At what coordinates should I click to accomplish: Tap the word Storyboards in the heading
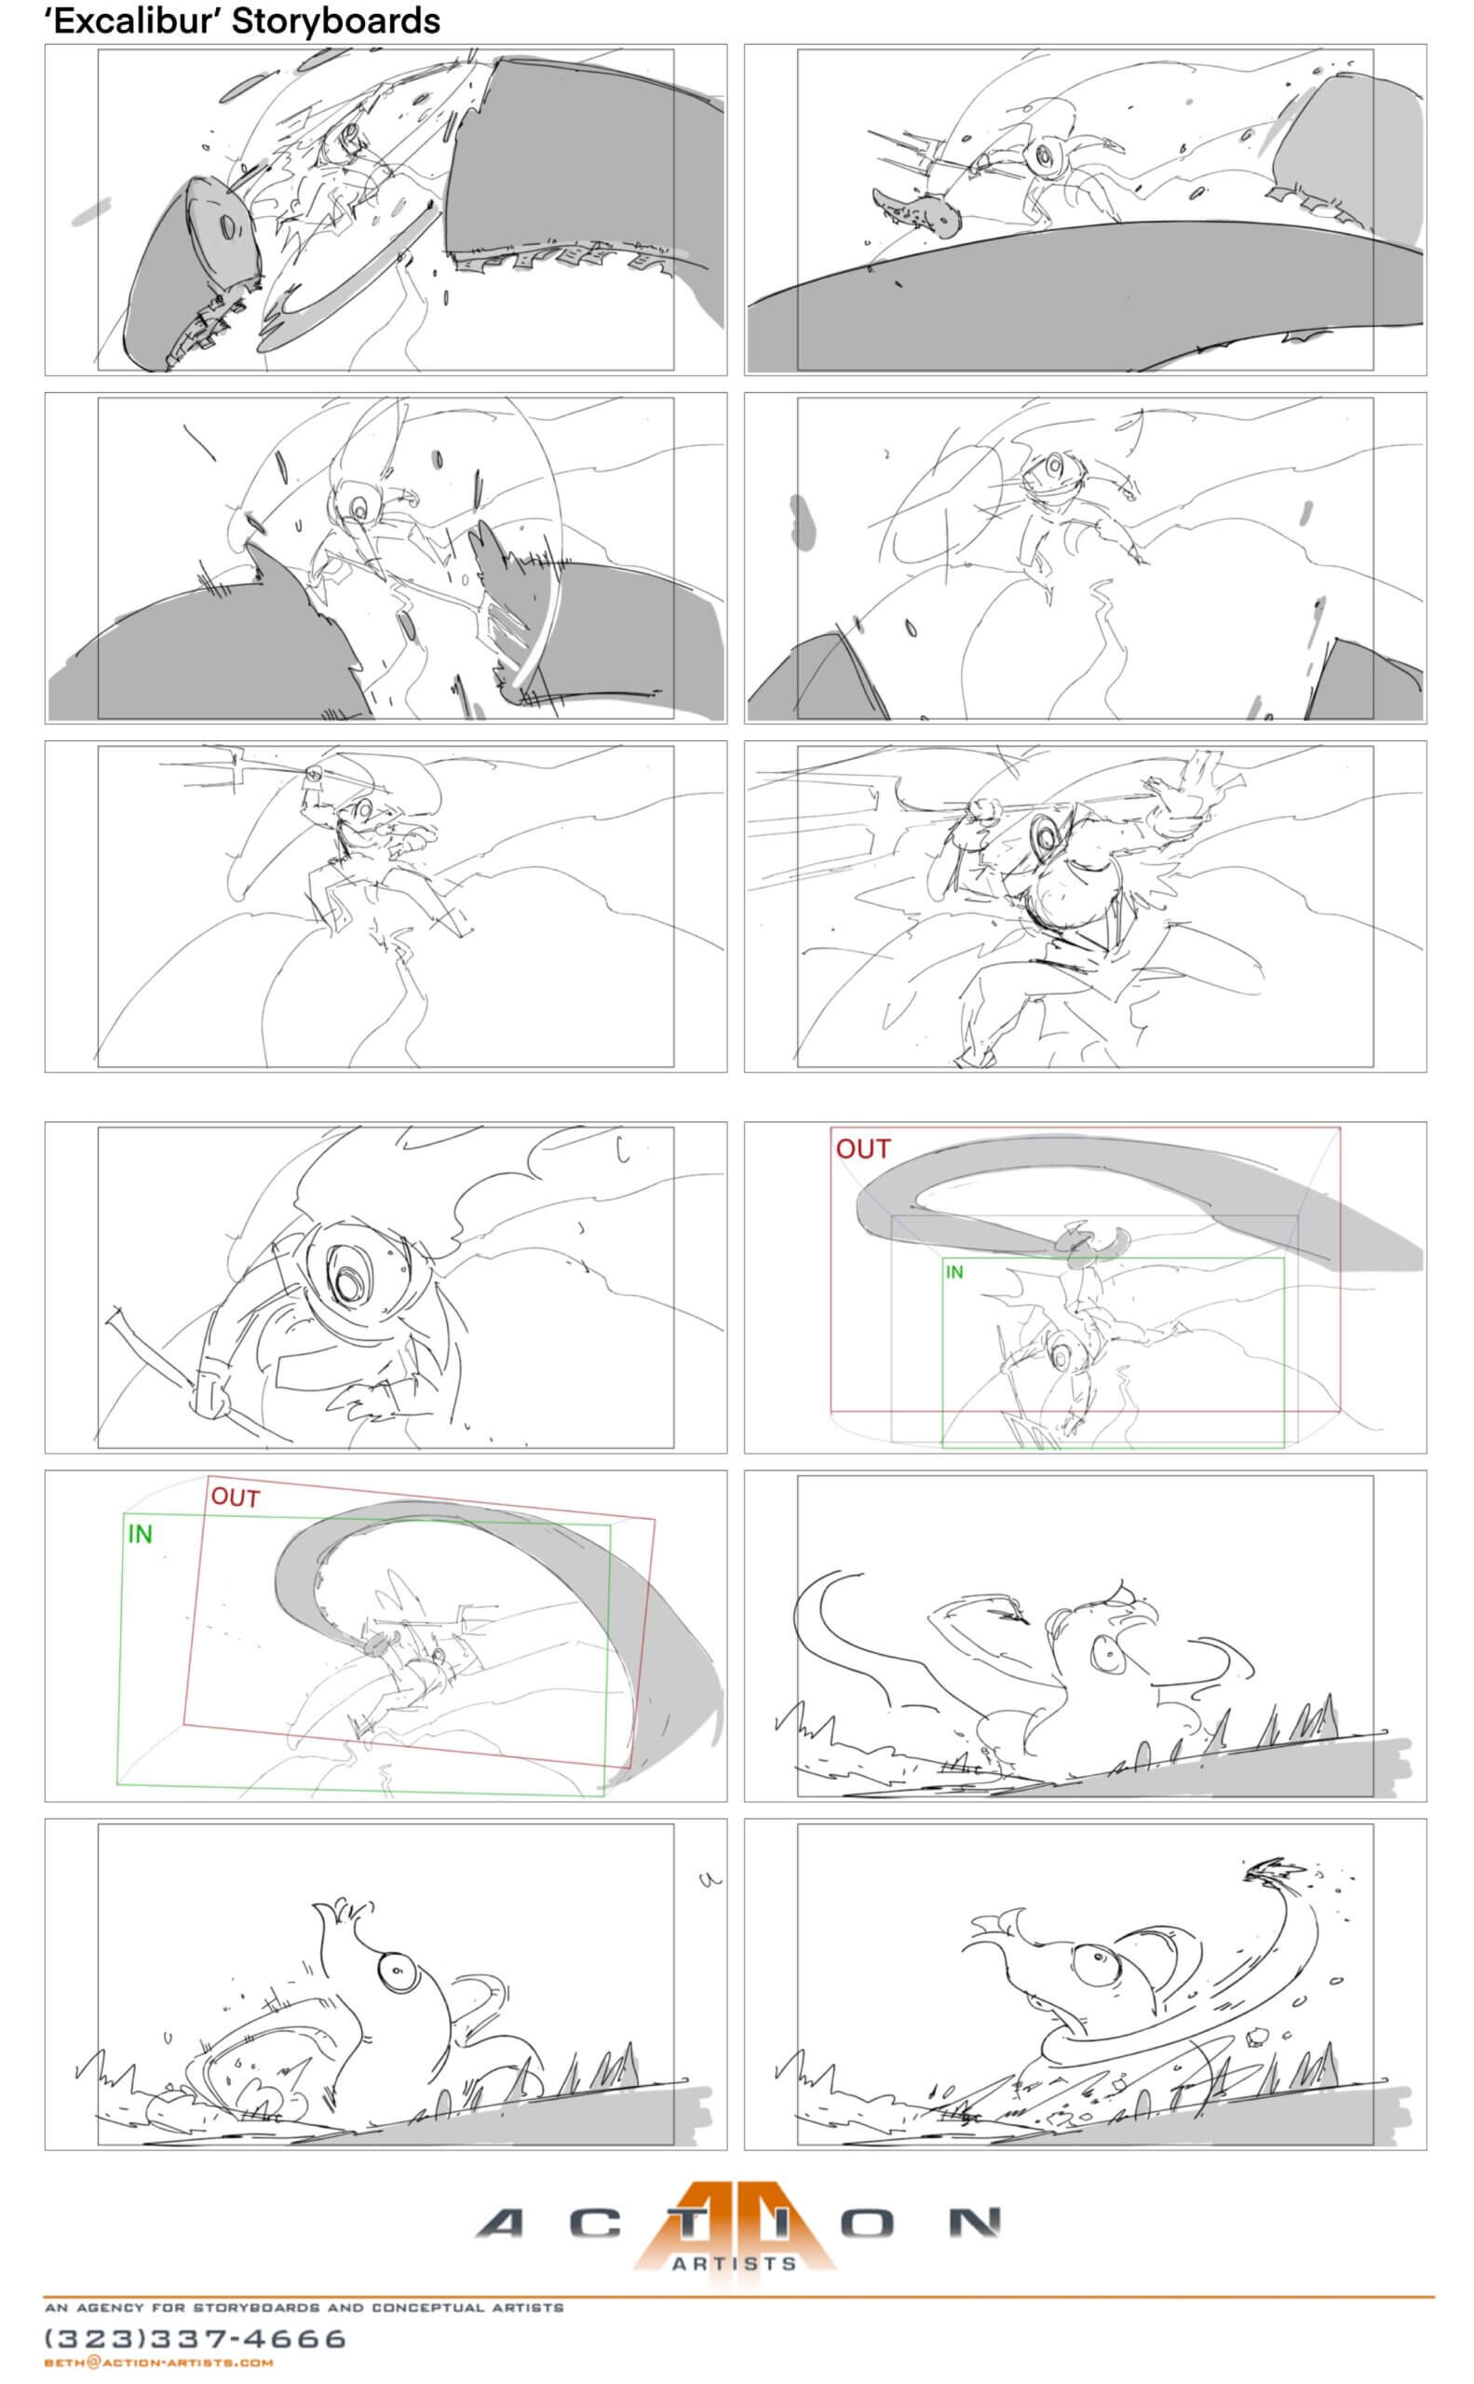tap(335, 20)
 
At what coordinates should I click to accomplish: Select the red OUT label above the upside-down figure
tap(863, 1148)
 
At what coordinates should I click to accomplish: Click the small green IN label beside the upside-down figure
tap(954, 1271)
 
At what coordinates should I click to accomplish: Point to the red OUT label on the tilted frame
tap(236, 1497)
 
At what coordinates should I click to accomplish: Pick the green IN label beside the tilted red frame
tap(141, 1534)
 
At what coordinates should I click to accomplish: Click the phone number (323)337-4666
tap(196, 2338)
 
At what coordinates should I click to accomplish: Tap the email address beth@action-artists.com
tap(159, 2363)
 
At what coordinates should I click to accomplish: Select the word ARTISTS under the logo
tap(734, 2263)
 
